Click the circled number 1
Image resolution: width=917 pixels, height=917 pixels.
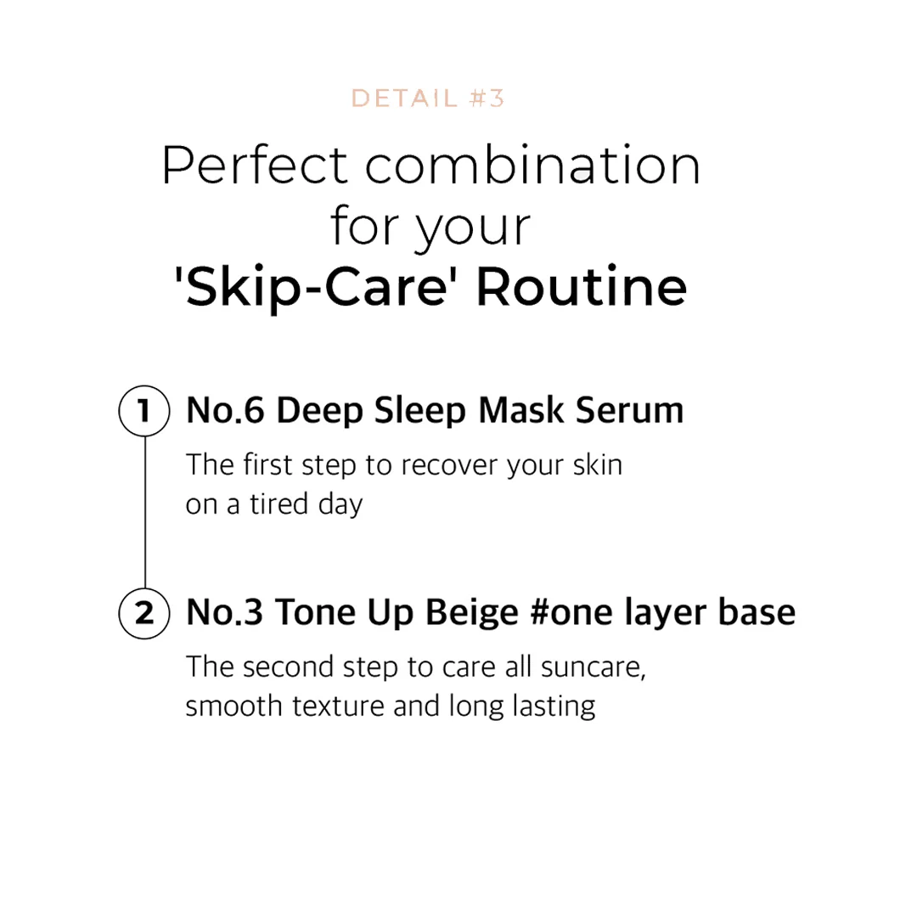coord(144,412)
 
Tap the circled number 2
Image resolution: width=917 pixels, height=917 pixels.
coord(144,612)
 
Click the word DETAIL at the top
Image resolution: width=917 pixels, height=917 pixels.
coord(404,98)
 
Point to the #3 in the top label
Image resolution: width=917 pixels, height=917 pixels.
coord(486,98)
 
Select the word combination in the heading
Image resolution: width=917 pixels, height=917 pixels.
coord(533,166)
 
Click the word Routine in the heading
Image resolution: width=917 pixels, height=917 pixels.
coord(581,289)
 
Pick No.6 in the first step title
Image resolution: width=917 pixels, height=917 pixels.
coord(226,411)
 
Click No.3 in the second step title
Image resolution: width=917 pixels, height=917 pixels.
coord(226,612)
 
